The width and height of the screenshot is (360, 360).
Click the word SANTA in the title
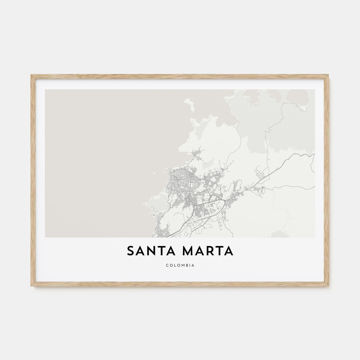tap(150, 251)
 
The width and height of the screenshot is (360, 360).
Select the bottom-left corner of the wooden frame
tap(31, 286)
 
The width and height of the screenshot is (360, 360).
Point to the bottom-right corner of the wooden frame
tap(329, 286)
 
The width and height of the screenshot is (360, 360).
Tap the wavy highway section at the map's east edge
tap(303, 155)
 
